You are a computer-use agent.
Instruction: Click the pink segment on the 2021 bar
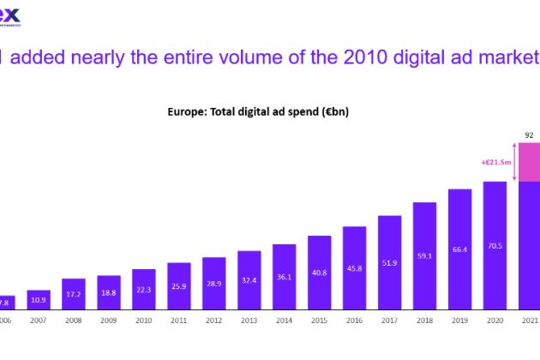click(x=529, y=162)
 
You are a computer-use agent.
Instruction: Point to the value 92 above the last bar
click(x=529, y=134)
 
